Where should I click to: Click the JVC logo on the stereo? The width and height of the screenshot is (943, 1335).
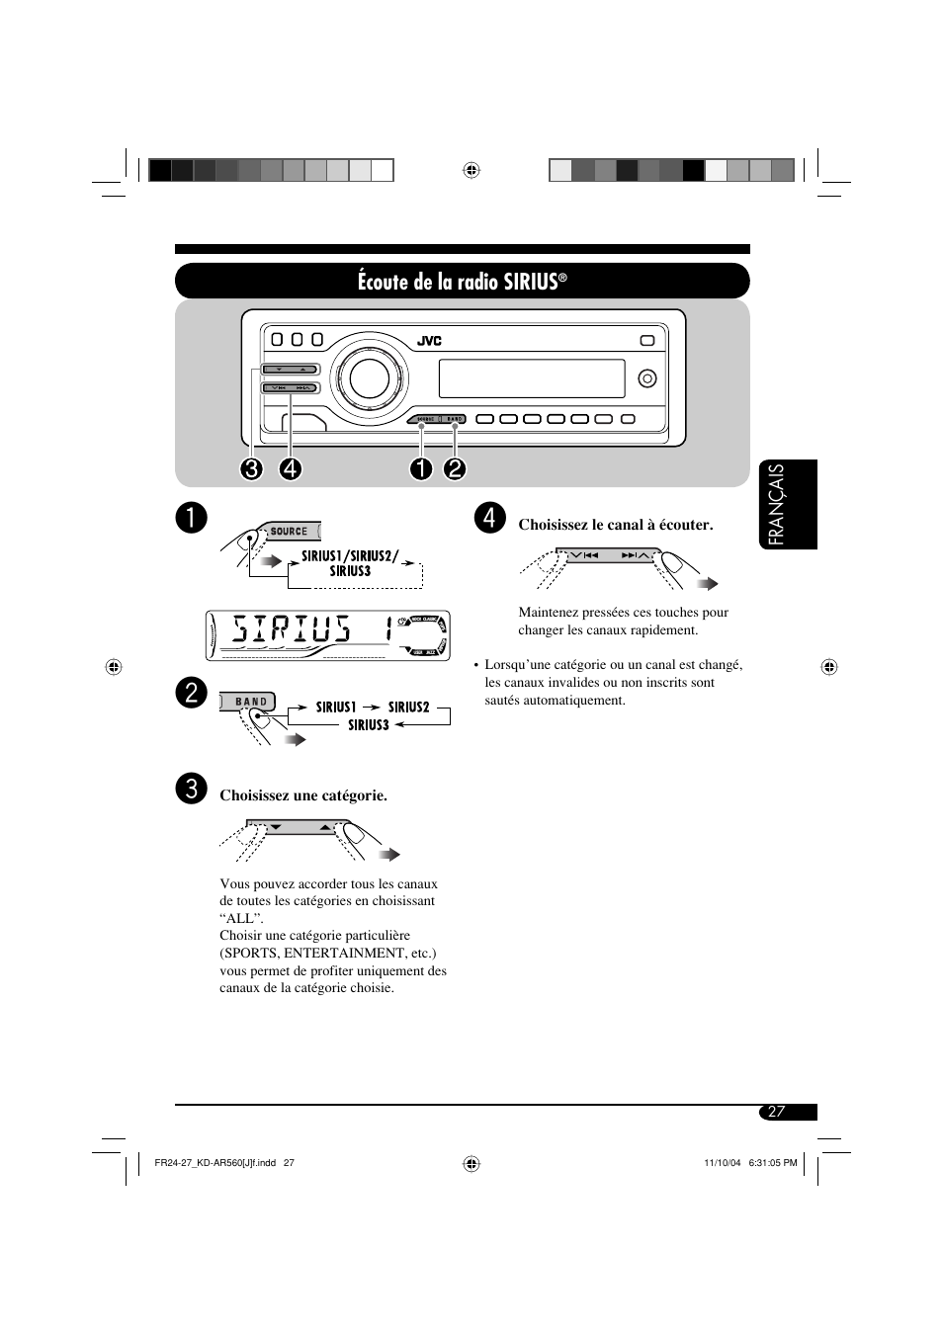tap(429, 341)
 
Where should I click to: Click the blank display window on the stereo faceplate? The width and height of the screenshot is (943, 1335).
tap(531, 378)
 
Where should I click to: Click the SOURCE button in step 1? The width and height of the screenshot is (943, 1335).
tap(289, 532)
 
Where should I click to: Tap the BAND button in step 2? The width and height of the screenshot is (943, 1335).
tap(251, 702)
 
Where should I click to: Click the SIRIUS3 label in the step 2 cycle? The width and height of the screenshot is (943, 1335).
tap(369, 725)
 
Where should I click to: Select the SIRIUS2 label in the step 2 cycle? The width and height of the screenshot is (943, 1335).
tap(408, 707)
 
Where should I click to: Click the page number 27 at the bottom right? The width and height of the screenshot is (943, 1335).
tap(777, 1112)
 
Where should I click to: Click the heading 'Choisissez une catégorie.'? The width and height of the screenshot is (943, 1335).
tap(303, 795)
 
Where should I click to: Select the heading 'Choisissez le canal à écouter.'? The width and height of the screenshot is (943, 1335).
tap(616, 525)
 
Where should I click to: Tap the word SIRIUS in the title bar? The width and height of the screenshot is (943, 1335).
tap(530, 282)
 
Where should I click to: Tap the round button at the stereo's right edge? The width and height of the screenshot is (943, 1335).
tap(647, 378)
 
